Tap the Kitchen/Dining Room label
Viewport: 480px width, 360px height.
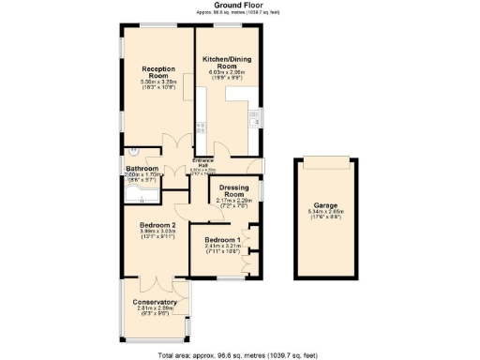click(226, 63)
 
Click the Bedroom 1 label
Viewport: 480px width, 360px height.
click(222, 241)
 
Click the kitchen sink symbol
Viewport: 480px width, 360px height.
click(253, 116)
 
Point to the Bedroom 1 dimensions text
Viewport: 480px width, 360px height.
click(222, 250)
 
